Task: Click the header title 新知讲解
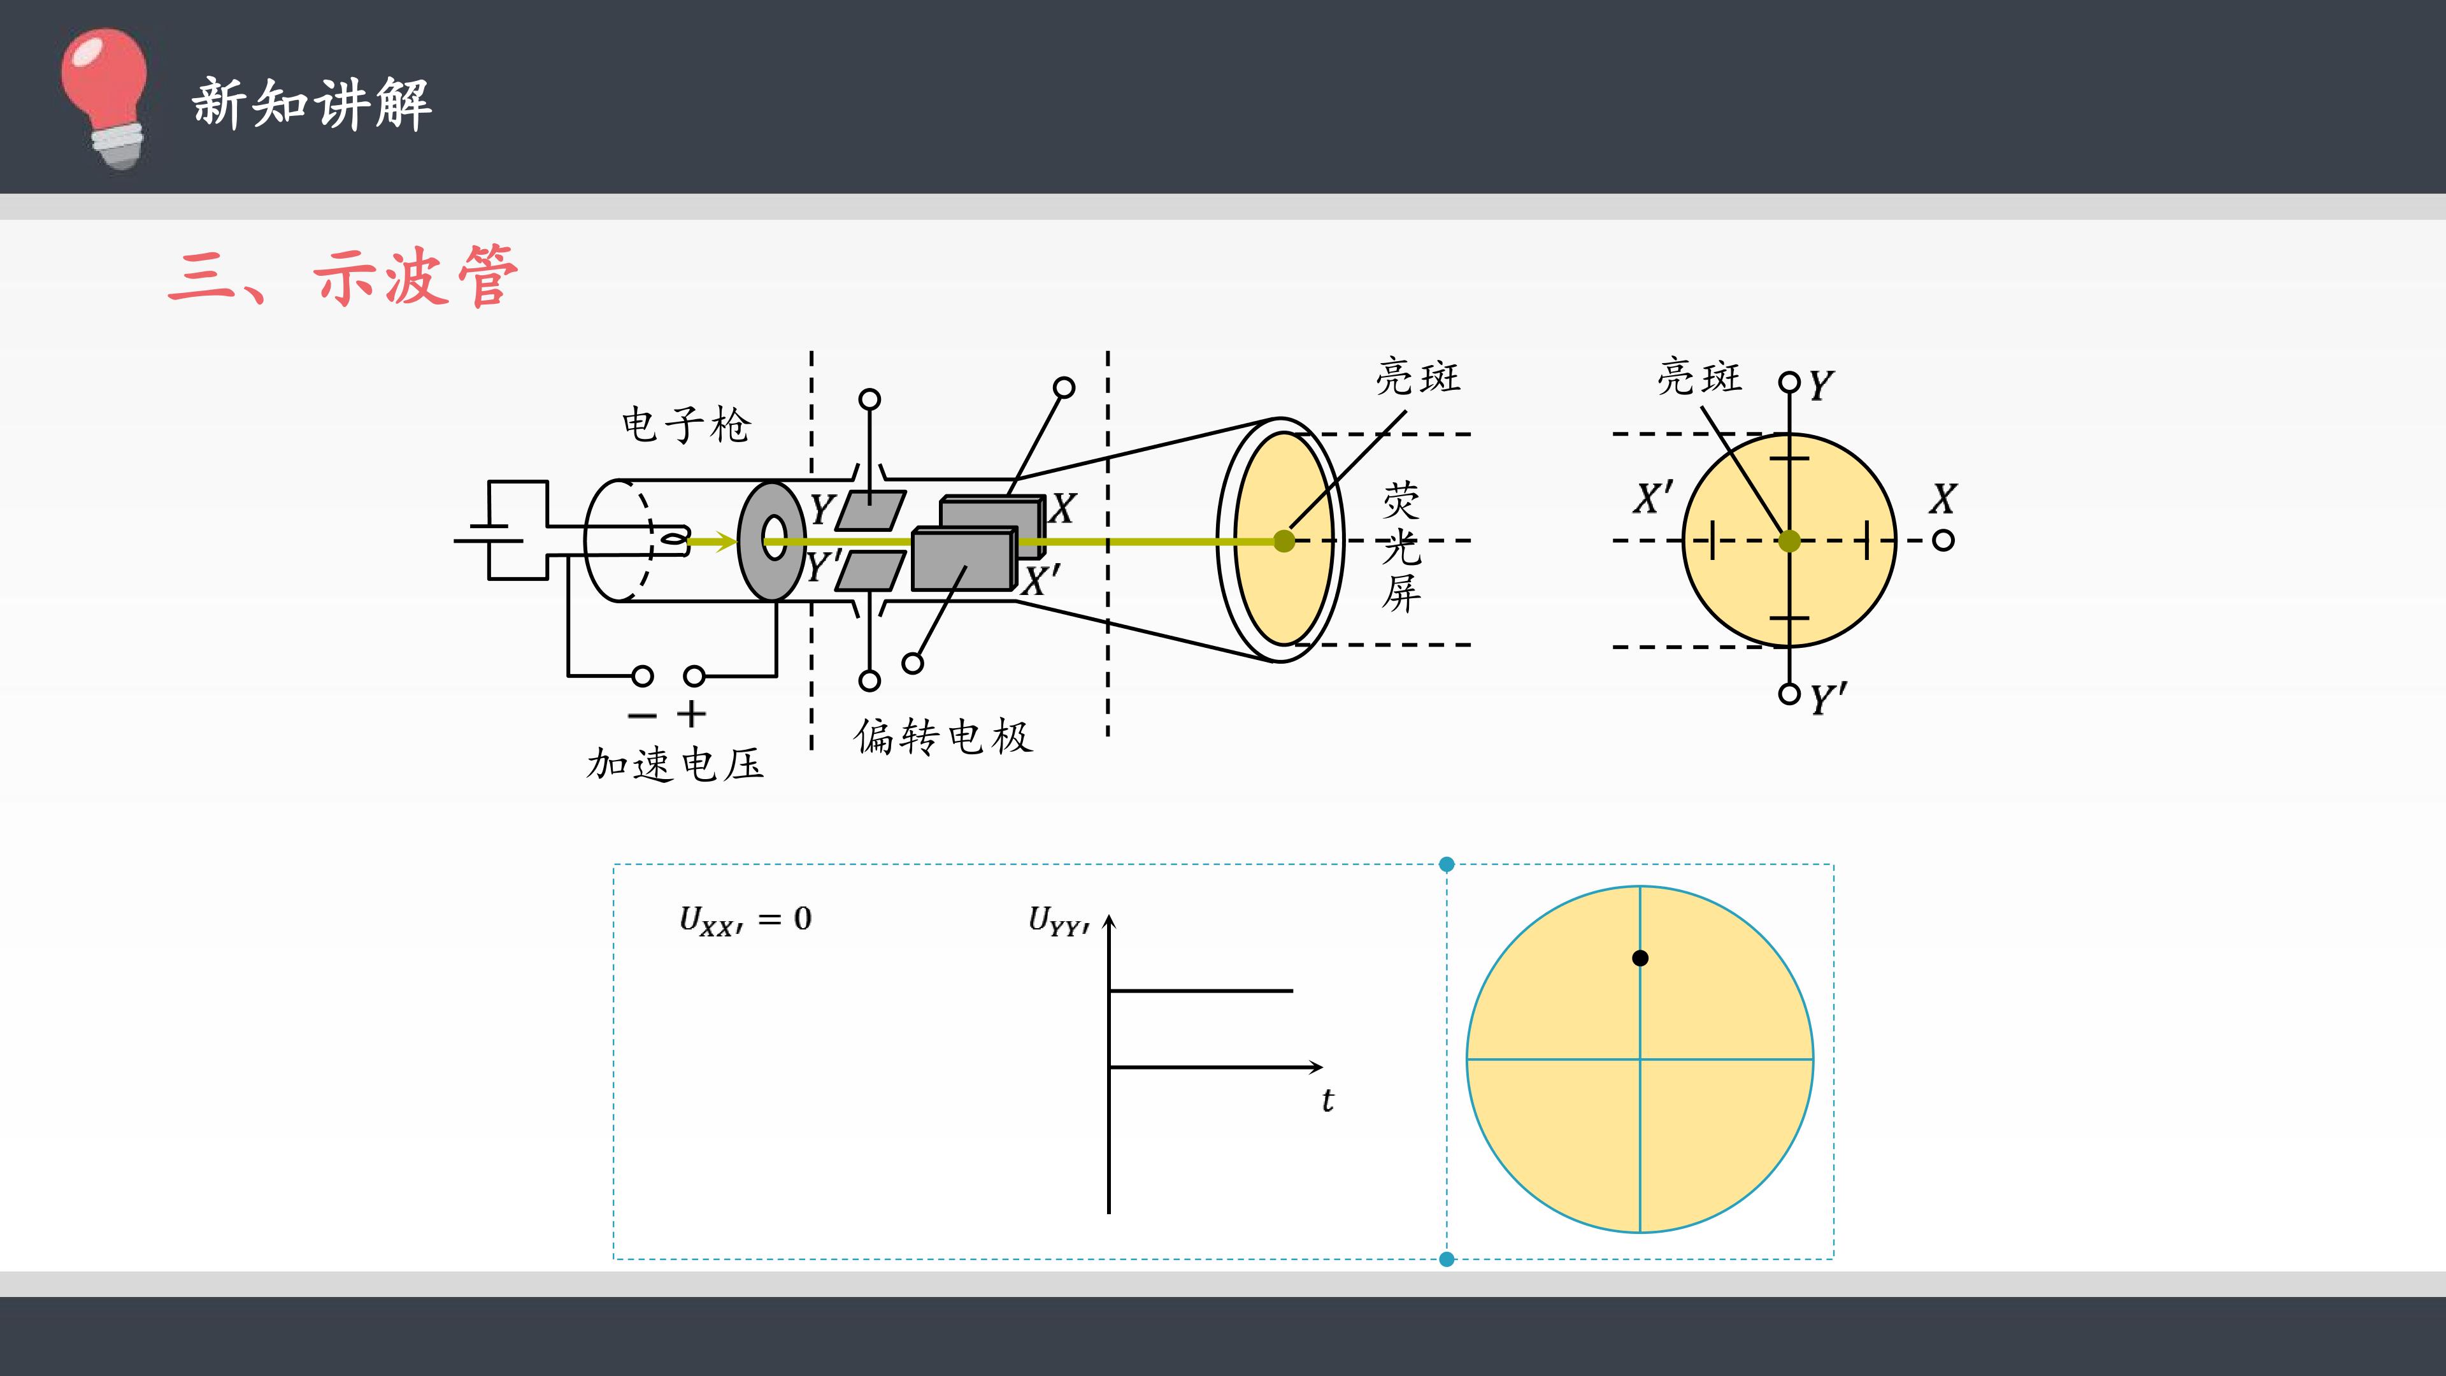point(312,103)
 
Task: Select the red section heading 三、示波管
point(343,276)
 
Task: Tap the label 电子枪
point(685,424)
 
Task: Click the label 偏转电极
point(943,736)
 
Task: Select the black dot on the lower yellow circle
point(1640,958)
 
